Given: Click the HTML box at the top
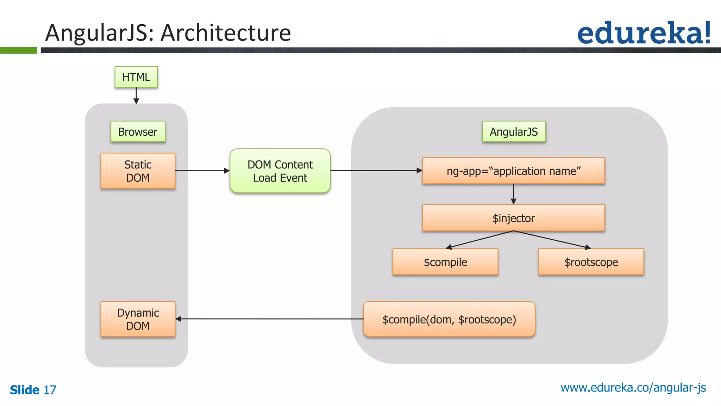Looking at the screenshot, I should tap(136, 77).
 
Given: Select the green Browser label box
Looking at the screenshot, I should tap(138, 132).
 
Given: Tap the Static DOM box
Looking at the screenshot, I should tap(138, 171).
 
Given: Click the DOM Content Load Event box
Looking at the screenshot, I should tap(280, 171).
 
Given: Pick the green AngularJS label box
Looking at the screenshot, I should tap(514, 132).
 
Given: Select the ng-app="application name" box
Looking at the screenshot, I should tap(513, 171).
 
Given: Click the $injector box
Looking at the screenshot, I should tap(513, 218).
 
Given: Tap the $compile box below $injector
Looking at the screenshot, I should tap(445, 262).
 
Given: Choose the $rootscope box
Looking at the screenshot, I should tap(591, 262).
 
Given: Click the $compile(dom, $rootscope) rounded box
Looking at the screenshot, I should tap(449, 319).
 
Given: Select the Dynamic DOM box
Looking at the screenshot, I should tap(138, 319).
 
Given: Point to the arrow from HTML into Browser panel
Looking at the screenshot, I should tap(136, 96).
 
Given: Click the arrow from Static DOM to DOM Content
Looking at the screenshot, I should tap(202, 171).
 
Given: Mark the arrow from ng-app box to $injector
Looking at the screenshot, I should tap(513, 194).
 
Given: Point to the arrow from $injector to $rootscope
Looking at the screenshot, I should tap(553, 240).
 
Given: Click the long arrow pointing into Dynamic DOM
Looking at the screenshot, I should tap(269, 319).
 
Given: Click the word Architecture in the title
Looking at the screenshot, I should tap(226, 33).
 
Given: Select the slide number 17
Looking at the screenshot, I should tap(50, 390).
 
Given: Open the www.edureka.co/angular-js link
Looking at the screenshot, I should tap(633, 388).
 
